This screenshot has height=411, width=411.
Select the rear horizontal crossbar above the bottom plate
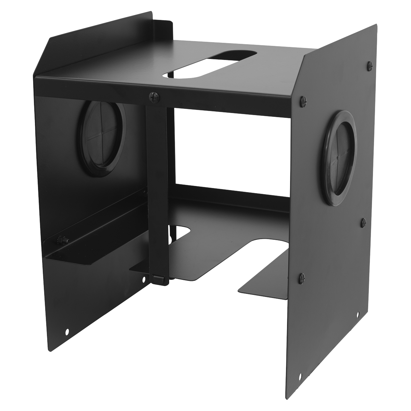pyautogui.click(x=233, y=195)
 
